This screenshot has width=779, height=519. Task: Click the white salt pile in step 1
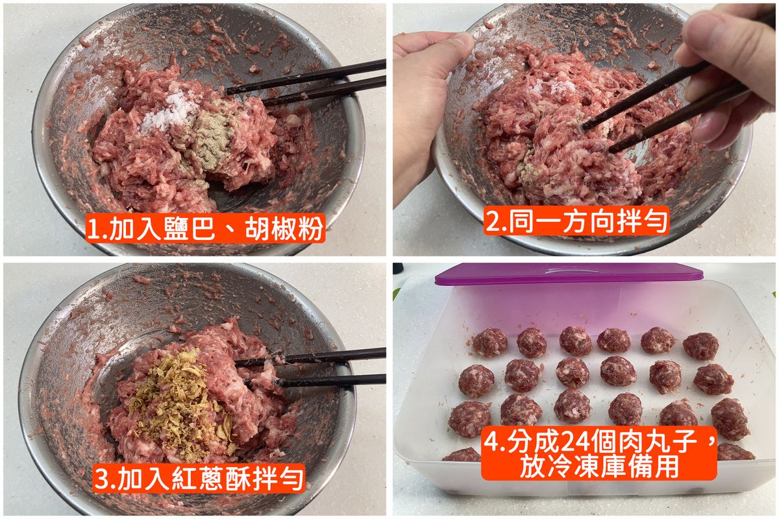(x=169, y=110)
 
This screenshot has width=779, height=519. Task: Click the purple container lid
(x=569, y=274)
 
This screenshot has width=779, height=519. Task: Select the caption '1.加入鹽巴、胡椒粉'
(x=206, y=228)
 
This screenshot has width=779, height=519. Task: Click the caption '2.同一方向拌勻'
(x=576, y=221)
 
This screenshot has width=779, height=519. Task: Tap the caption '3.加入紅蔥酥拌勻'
(x=199, y=478)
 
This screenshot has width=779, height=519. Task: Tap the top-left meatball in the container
(x=489, y=343)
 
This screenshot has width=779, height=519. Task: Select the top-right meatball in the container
(x=700, y=346)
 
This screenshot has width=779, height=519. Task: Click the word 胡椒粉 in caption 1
(x=284, y=228)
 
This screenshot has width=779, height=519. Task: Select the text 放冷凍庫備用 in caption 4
(x=599, y=466)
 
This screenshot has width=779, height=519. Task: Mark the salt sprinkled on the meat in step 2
(x=553, y=86)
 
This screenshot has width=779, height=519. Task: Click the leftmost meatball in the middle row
(x=476, y=381)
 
